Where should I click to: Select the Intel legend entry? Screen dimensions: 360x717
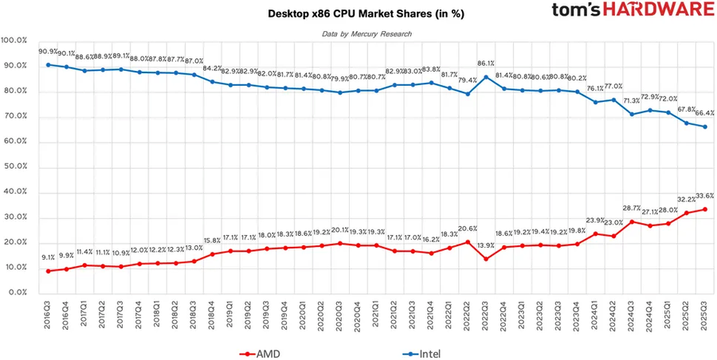click(424, 351)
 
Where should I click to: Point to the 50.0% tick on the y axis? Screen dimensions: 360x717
click(16, 167)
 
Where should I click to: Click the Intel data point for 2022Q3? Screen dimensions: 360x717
click(486, 77)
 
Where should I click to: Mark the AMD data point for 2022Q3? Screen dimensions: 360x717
click(486, 258)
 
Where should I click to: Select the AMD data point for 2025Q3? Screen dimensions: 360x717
click(704, 209)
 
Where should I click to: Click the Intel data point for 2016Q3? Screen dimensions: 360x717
click(49, 65)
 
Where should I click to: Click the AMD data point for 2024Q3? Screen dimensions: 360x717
click(632, 221)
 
